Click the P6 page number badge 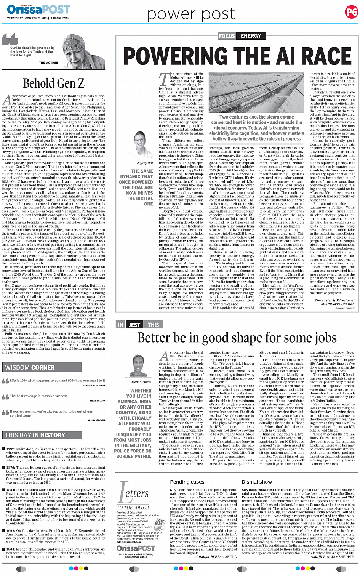pos(351,12)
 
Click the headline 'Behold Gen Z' pos(53,83)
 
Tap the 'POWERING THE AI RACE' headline pos(237,56)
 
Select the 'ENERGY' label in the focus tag pos(251,36)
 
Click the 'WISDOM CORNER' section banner pos(30,367)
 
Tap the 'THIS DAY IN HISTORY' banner pos(35,435)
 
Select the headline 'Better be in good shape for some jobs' pos(237,338)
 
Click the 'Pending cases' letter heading pos(187,482)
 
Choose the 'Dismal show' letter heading pos(257,482)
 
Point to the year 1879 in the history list pos(11,468)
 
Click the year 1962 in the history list pos(11,530)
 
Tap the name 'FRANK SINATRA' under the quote pos(98,401)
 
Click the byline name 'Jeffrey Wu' pos(145,163)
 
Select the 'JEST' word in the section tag pos(134,325)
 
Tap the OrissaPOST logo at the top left pos(38,9)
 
